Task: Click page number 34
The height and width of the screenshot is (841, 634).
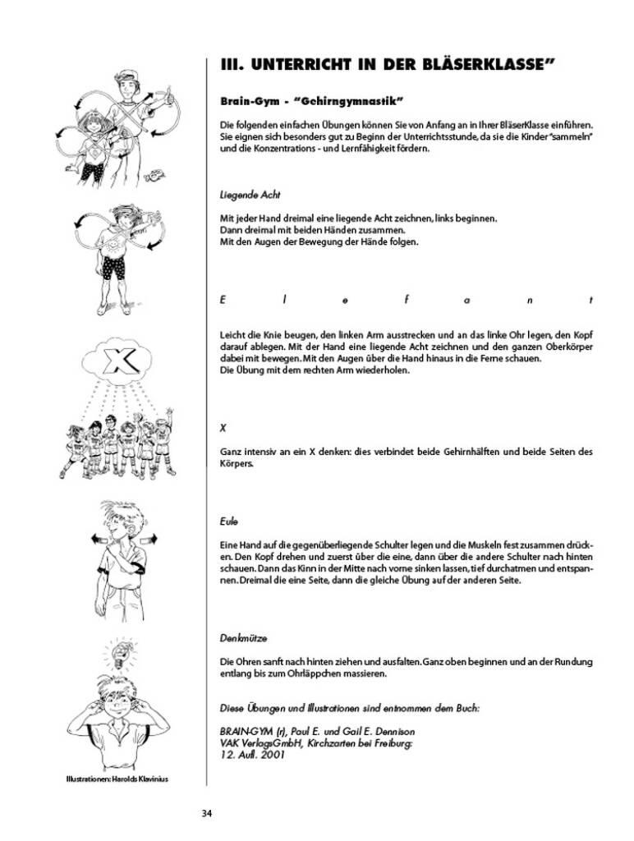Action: point(207,813)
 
